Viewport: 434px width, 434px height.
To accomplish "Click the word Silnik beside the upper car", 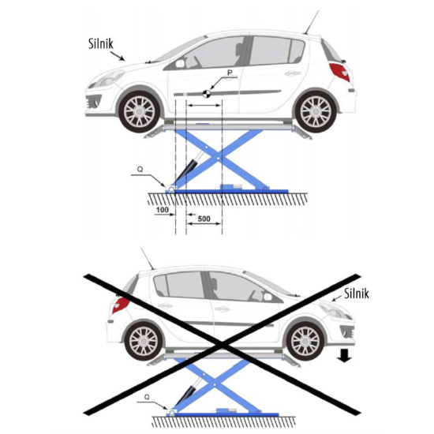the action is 101,43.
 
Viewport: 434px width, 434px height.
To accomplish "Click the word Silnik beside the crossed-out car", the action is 357,294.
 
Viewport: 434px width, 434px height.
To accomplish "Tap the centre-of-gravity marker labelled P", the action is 207,94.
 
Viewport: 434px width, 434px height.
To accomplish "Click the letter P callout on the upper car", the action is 230,73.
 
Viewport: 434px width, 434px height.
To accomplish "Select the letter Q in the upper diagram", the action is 140,169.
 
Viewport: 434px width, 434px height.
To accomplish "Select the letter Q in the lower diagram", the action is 147,397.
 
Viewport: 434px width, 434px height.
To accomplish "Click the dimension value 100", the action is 163,210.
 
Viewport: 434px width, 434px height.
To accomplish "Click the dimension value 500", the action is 204,219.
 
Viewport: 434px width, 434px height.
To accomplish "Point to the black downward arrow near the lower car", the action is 344,356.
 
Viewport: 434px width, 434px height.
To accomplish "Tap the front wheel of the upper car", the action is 139,112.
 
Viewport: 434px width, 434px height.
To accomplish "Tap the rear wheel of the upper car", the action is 316,112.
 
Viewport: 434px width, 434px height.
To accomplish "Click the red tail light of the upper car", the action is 340,71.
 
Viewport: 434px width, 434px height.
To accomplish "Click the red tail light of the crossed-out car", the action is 121,305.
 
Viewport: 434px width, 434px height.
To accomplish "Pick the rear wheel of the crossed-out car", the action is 143,341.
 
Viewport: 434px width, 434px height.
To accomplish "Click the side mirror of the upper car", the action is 180,63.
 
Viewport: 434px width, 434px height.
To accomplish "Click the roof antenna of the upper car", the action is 312,22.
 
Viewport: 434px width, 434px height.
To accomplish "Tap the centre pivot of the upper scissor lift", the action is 219,159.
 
